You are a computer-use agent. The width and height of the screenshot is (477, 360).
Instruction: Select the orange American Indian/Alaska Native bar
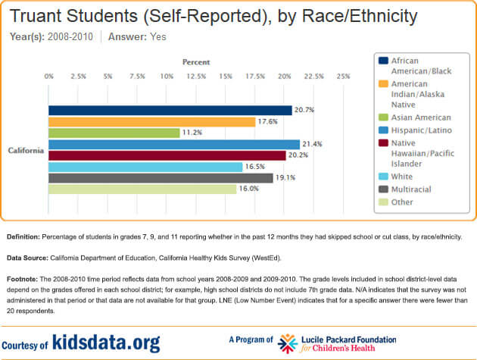click(152, 121)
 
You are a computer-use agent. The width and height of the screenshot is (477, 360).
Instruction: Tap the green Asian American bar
click(114, 133)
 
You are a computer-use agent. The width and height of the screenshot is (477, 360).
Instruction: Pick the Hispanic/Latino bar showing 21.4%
click(174, 144)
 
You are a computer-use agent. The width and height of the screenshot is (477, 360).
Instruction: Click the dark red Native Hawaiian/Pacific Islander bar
click(167, 155)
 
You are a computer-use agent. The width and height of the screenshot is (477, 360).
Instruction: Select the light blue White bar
click(145, 167)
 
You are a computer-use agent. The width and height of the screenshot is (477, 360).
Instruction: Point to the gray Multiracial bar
click(161, 178)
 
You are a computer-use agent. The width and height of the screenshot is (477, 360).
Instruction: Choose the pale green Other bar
click(142, 189)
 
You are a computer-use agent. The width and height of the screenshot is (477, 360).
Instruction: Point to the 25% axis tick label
click(342, 77)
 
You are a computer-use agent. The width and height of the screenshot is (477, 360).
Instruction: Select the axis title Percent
click(196, 61)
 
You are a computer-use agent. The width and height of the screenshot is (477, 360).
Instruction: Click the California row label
click(26, 150)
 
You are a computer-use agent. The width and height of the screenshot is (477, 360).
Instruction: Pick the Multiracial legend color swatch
click(383, 189)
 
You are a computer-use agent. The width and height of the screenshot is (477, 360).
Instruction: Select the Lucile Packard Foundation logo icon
click(287, 343)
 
